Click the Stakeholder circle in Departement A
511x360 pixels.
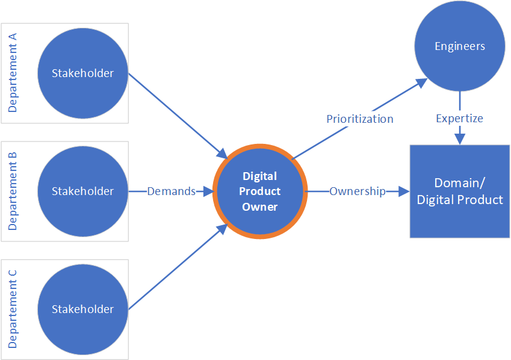(83, 73)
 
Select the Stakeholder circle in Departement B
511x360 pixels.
(83, 191)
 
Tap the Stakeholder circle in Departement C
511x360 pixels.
(83, 309)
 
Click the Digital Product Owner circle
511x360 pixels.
(260, 192)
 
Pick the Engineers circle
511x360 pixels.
(460, 46)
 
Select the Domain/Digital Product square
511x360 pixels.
(460, 191)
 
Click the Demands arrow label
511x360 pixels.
(172, 191)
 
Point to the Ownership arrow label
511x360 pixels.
(357, 191)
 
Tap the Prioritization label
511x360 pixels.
(360, 119)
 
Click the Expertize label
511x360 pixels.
(459, 119)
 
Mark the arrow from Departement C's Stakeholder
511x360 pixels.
(175, 268)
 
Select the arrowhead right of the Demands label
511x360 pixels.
(208, 191)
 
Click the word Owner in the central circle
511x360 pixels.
(260, 207)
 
